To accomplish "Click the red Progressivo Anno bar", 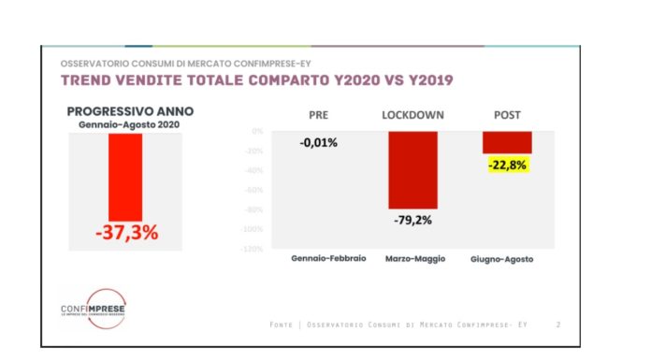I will [125, 177].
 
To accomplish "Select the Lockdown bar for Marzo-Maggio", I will [413, 169].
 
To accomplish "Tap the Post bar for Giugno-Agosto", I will [507, 142].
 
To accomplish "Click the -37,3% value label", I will [126, 234].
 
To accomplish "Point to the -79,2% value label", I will [413, 222].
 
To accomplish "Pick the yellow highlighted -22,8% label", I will [508, 166].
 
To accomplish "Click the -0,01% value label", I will [319, 143].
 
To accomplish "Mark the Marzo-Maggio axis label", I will [413, 257].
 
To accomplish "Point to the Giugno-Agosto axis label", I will [507, 258].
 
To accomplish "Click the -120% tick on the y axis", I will [253, 249].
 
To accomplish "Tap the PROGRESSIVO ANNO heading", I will [126, 111].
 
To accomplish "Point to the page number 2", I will [557, 324].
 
